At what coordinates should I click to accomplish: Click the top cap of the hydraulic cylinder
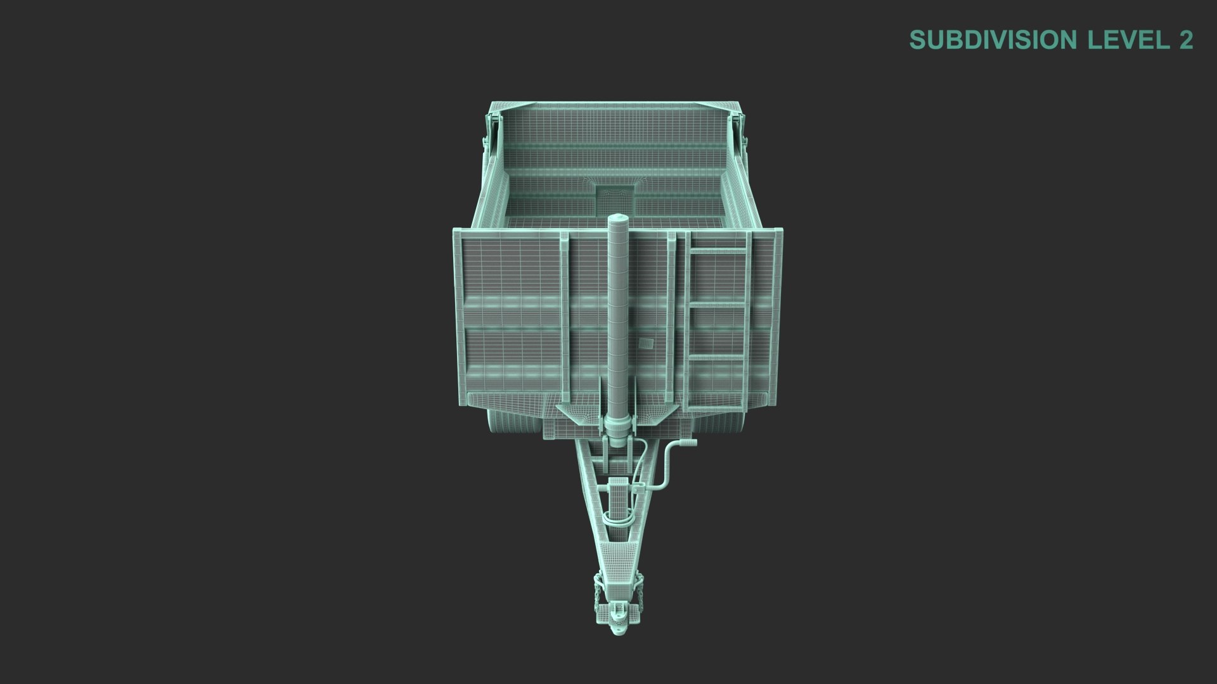[618, 219]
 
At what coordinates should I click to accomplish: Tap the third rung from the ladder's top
[718, 357]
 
